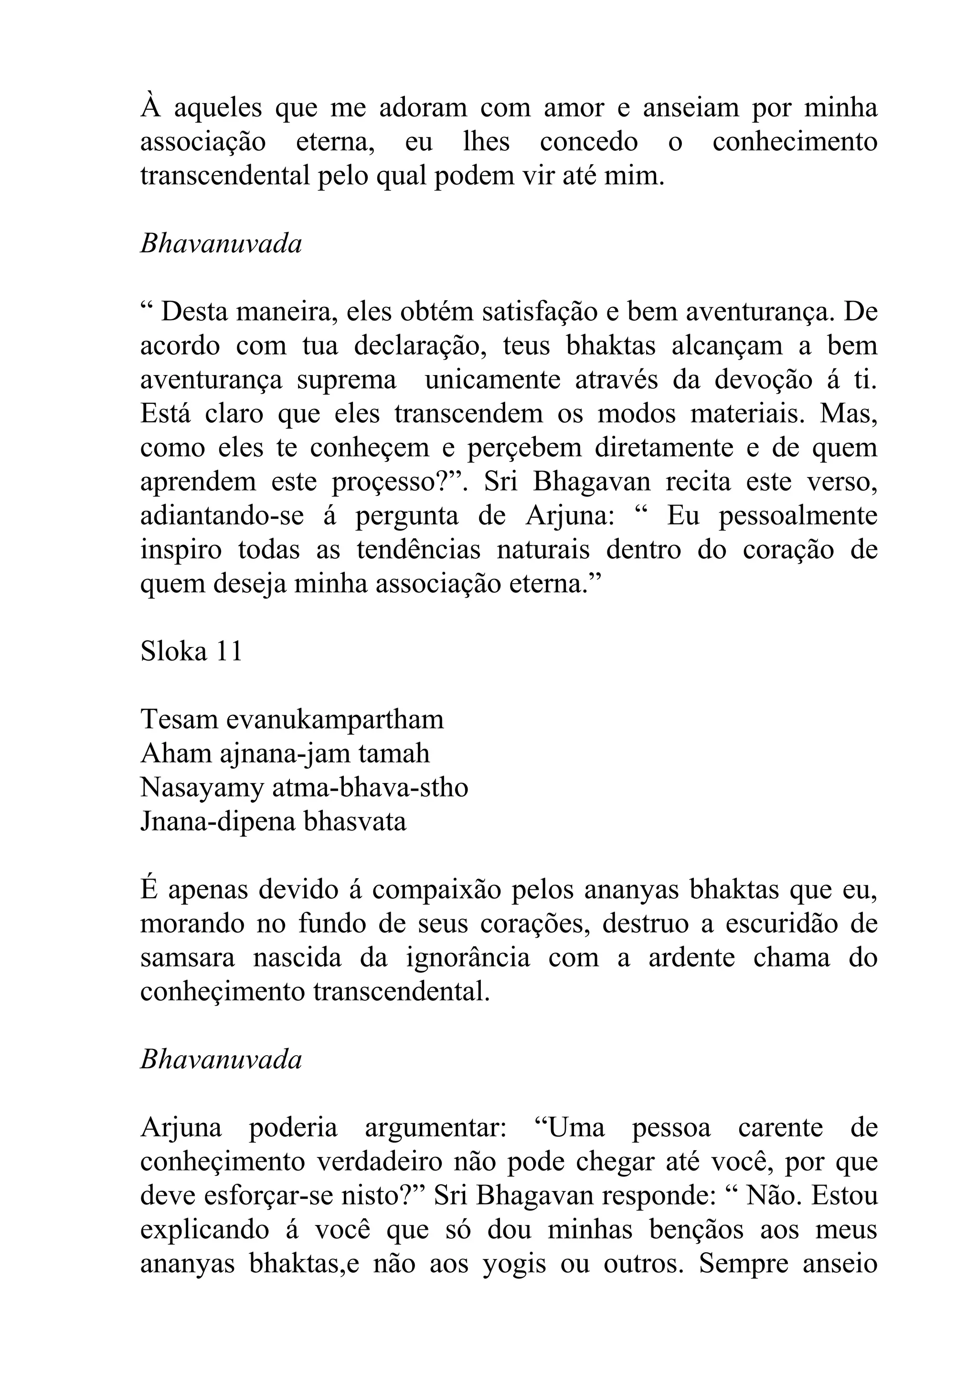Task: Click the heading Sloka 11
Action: pos(191,651)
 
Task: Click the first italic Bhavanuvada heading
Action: pos(221,244)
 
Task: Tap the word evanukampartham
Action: pos(335,719)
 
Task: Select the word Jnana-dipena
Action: pos(218,822)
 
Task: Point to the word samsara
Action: pos(187,958)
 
